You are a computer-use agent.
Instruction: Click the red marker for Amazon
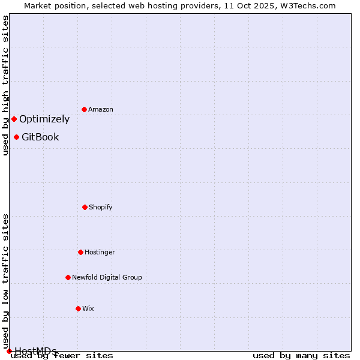click(x=84, y=109)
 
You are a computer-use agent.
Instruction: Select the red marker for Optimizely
click(x=14, y=119)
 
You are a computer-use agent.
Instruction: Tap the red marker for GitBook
click(x=16, y=137)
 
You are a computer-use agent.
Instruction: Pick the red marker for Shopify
click(x=85, y=207)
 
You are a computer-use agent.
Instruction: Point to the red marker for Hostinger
click(x=80, y=252)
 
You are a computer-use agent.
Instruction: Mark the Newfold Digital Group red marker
click(x=68, y=277)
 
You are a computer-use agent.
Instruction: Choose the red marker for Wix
click(x=78, y=308)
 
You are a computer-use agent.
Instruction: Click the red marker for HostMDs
click(x=9, y=351)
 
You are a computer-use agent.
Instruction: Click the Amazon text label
click(x=101, y=109)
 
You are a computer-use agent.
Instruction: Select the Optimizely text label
click(x=44, y=119)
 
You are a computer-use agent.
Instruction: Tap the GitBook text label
click(x=40, y=137)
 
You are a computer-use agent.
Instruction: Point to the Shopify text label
click(x=101, y=207)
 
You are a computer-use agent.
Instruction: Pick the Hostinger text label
click(x=100, y=252)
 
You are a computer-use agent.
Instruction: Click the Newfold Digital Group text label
click(x=107, y=277)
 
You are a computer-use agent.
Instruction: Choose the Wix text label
click(x=88, y=308)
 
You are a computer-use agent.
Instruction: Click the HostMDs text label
click(x=36, y=351)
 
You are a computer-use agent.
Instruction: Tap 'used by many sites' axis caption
click(x=301, y=355)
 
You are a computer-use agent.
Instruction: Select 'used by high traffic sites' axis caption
click(x=5, y=85)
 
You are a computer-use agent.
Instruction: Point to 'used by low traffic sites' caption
click(x=5, y=281)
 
